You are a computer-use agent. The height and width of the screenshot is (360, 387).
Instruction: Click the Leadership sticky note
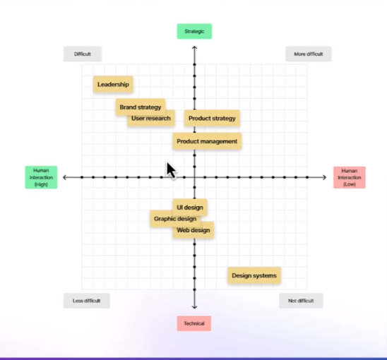114,85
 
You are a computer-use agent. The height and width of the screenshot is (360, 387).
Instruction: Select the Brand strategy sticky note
140,107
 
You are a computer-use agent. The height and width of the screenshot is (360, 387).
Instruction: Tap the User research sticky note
150,119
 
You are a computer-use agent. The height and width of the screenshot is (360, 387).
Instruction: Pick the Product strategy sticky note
212,119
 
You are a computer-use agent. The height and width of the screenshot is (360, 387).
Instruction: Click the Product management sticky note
207,141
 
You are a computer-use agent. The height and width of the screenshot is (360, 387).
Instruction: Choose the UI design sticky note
190,208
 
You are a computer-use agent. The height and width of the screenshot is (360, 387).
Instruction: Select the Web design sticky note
194,230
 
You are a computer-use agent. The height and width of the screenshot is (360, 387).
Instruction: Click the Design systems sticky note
254,275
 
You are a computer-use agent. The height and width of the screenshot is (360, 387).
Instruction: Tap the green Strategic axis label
194,32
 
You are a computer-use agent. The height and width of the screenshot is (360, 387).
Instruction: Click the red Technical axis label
194,323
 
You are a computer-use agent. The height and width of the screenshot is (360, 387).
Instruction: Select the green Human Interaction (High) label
41,177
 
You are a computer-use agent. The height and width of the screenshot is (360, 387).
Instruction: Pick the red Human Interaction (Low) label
350,177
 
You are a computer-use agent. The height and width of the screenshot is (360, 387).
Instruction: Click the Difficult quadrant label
83,54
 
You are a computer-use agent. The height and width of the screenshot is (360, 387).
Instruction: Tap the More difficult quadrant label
309,54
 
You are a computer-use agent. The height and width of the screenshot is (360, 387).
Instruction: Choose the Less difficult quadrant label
86,301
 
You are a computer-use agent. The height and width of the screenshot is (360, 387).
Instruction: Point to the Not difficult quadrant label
301,301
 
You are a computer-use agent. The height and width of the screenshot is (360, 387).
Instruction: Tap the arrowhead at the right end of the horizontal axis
324,177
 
